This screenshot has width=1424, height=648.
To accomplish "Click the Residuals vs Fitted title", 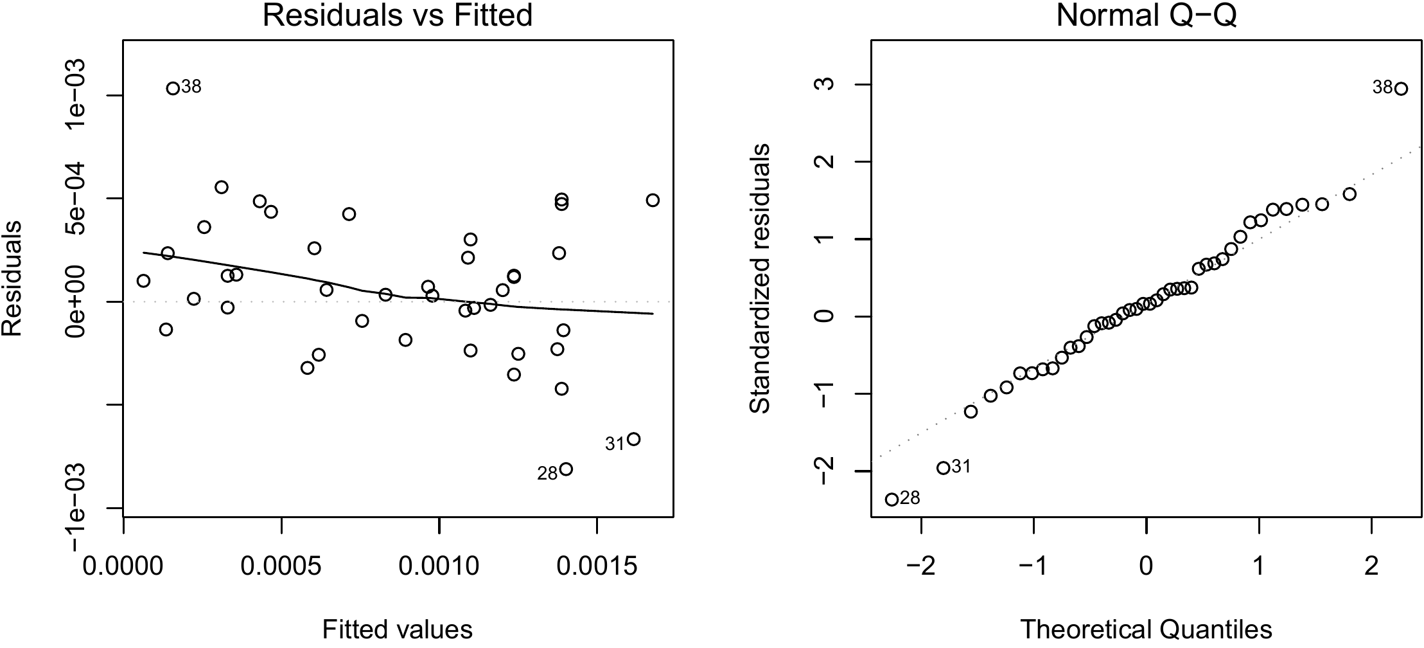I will pyautogui.click(x=398, y=15).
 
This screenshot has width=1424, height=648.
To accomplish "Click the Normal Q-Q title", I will pyautogui.click(x=1146, y=15).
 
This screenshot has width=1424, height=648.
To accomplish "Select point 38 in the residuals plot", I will pyautogui.click(x=173, y=89).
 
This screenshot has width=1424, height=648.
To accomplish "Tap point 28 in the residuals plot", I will pyautogui.click(x=566, y=469).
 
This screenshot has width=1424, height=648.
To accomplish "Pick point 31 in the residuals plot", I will pyautogui.click(x=633, y=439).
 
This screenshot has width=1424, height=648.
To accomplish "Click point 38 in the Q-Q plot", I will pyautogui.click(x=1401, y=89).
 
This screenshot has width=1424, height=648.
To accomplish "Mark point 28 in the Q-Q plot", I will pyautogui.click(x=892, y=500).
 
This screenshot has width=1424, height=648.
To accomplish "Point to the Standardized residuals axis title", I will pyautogui.click(x=760, y=278).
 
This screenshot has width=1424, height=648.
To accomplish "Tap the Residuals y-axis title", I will pyautogui.click(x=13, y=278).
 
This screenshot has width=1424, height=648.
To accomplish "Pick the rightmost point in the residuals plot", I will pyautogui.click(x=653, y=201).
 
